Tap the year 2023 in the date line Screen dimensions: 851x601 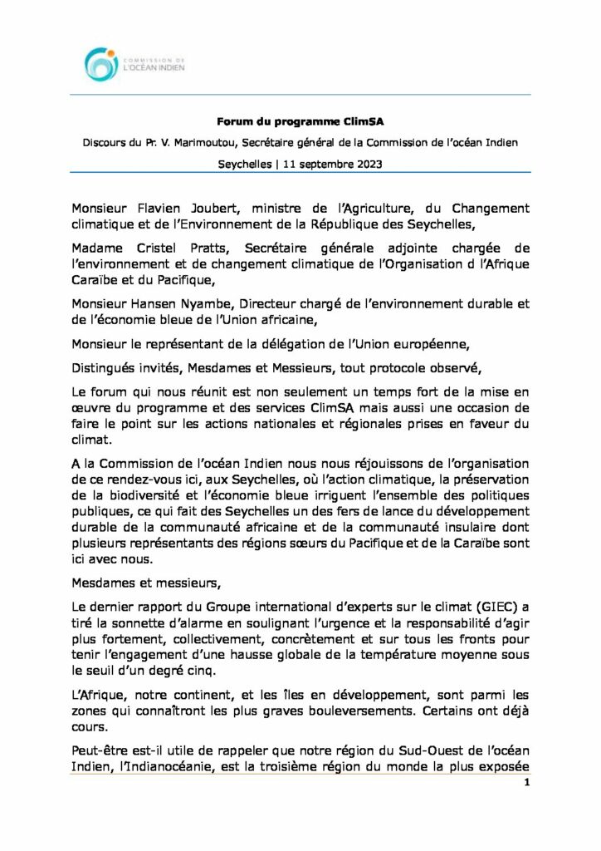click(x=366, y=164)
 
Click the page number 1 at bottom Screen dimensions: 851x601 click(x=526, y=783)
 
